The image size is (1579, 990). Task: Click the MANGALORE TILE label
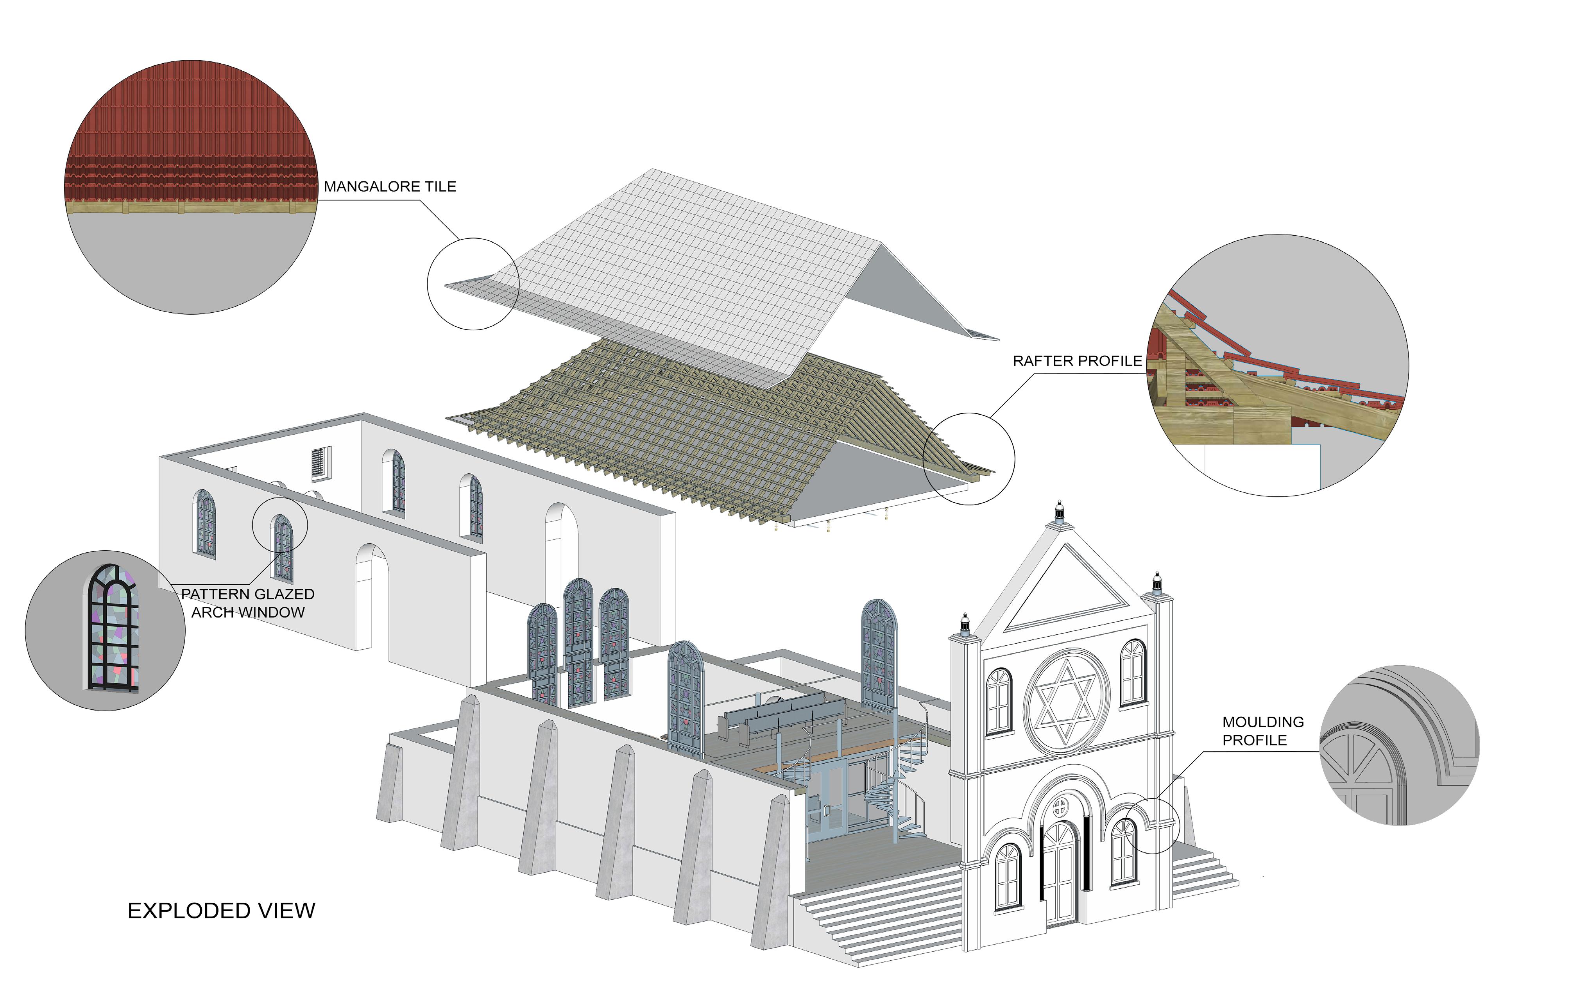click(x=390, y=186)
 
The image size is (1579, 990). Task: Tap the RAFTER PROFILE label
click(x=1077, y=361)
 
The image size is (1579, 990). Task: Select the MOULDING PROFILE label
click(x=1263, y=731)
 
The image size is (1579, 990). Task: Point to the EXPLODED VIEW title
click(x=221, y=911)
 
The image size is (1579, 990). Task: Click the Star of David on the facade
click(x=1067, y=701)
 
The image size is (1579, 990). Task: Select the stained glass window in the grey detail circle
click(x=113, y=628)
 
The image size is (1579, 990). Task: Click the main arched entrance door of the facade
click(x=1058, y=871)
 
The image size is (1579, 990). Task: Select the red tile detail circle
click(x=191, y=186)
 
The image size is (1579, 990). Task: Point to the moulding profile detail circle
click(x=1399, y=745)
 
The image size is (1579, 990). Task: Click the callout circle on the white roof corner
click(x=473, y=283)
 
